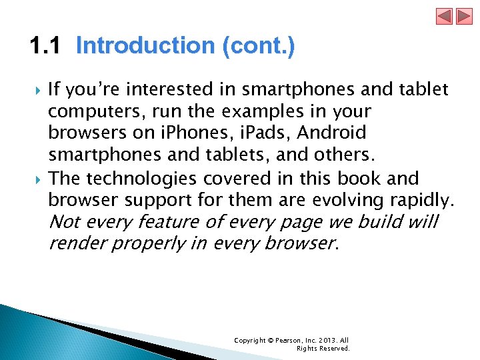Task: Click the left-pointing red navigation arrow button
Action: (x=445, y=16)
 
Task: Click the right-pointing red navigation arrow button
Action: (x=463, y=16)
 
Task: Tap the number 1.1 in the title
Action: (x=45, y=47)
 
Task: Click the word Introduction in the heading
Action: (x=143, y=47)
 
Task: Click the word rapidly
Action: (x=423, y=199)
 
